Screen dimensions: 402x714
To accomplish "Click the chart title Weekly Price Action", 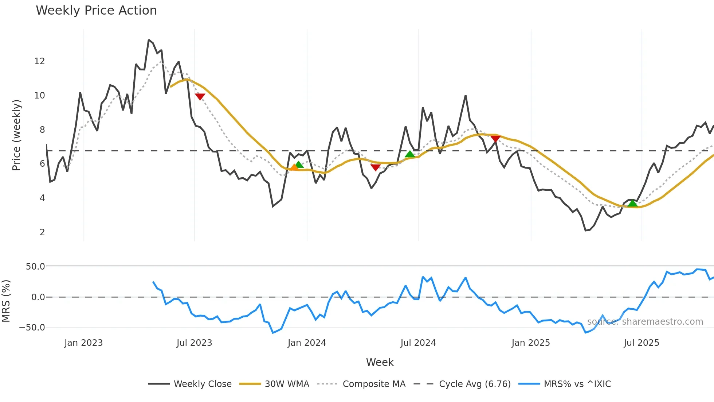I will [96, 11].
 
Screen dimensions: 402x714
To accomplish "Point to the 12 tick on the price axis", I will [40, 61].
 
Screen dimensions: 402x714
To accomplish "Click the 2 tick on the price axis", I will [42, 232].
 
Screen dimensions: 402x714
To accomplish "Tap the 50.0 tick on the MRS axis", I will [35, 267].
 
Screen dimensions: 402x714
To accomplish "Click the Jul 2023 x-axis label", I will [194, 343].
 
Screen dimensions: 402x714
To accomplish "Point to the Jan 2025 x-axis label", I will [530, 343].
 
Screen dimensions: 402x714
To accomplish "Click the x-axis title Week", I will [380, 362].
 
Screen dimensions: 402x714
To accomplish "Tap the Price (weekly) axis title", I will [16, 135].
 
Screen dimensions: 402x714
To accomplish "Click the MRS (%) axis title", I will [6, 301].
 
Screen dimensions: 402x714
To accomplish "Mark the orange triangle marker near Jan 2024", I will [294, 167].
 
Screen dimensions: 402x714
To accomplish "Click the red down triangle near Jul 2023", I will [200, 97].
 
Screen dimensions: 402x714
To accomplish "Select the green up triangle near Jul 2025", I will [633, 204].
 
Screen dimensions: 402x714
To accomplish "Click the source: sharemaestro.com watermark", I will [645, 322].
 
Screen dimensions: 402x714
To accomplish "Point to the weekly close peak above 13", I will [149, 40].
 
